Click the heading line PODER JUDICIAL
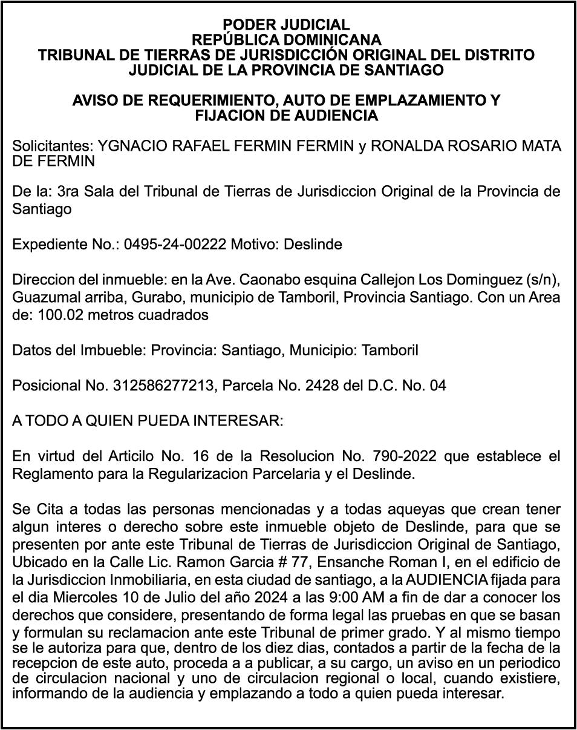286,25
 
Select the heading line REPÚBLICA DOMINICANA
286,40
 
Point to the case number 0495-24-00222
175,245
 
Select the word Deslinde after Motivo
313,245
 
